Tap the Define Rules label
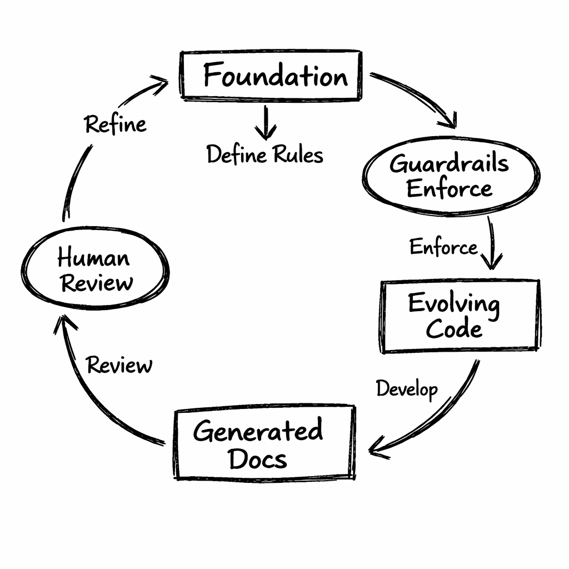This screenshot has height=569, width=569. coord(264,154)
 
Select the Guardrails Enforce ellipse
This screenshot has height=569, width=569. coord(450,176)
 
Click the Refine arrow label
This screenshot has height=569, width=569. coord(116,123)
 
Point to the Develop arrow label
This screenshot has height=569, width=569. coord(407,389)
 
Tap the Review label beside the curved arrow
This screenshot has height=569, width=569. coord(119,366)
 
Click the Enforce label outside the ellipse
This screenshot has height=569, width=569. coord(443,247)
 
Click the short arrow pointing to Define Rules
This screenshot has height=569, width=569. coord(266,122)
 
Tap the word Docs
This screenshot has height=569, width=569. coord(258,459)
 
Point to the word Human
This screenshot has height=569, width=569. coord(93,258)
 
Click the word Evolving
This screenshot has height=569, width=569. coord(453,304)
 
